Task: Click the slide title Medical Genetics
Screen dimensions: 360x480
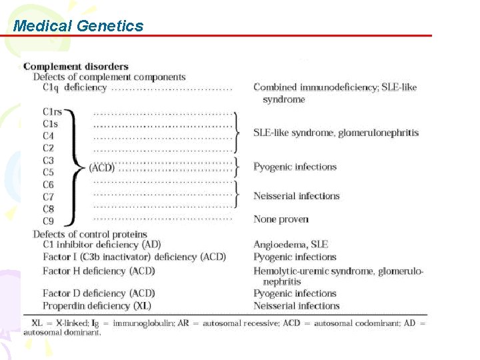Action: click(x=78, y=26)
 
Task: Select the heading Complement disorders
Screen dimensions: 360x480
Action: click(x=76, y=66)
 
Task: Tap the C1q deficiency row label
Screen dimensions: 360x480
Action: click(x=74, y=87)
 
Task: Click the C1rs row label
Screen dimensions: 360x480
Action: click(x=52, y=112)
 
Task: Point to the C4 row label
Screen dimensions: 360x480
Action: click(x=48, y=136)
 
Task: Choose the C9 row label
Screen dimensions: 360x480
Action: click(x=48, y=220)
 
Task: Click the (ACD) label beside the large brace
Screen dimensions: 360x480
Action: click(x=101, y=167)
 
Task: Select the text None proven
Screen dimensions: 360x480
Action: click(x=281, y=219)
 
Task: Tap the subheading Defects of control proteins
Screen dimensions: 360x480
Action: click(x=90, y=234)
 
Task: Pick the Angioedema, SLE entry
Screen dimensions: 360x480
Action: click(x=291, y=245)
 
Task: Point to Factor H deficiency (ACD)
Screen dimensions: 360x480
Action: click(x=99, y=271)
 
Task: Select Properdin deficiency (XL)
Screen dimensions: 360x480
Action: click(x=97, y=306)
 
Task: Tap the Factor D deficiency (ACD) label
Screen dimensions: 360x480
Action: click(x=99, y=293)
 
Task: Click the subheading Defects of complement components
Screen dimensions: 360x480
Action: click(x=109, y=77)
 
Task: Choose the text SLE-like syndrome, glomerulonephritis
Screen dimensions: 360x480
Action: click(x=336, y=133)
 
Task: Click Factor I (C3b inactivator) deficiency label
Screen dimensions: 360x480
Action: click(x=134, y=257)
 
